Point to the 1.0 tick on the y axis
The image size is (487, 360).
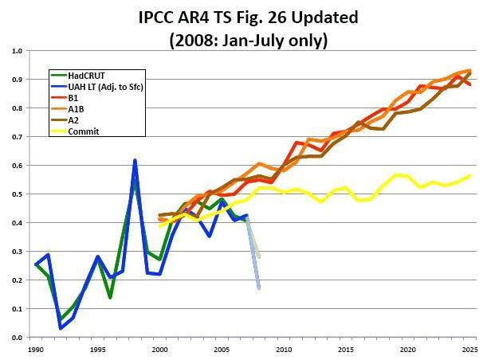click(x=18, y=51)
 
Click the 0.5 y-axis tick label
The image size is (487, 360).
click(x=18, y=194)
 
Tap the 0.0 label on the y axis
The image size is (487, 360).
click(x=18, y=338)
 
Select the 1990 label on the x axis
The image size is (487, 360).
click(x=36, y=350)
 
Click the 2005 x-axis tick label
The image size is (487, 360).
click(x=222, y=350)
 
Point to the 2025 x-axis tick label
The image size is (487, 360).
click(x=469, y=350)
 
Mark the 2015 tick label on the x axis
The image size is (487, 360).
click(x=346, y=350)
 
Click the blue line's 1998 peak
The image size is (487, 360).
click(x=135, y=160)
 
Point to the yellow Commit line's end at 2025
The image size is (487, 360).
click(x=470, y=175)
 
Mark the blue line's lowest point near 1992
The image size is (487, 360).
click(x=61, y=328)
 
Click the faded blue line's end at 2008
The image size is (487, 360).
click(x=259, y=288)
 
